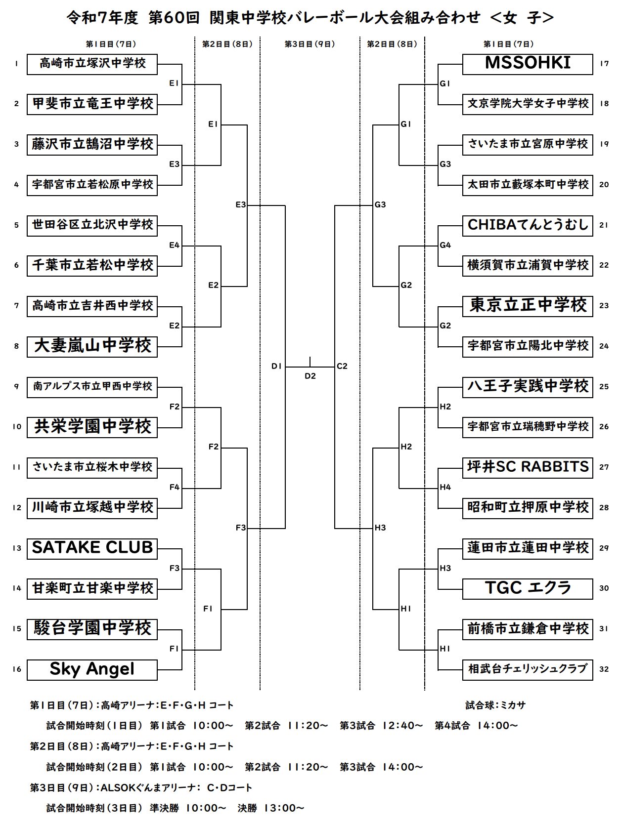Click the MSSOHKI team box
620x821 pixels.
[527, 64]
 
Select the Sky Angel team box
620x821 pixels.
[92, 669]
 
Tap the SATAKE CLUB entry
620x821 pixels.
[92, 548]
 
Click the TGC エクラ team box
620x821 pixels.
[527, 588]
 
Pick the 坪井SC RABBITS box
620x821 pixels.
[527, 467]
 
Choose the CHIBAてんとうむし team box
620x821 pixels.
[527, 225]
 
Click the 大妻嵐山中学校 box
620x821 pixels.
[92, 346]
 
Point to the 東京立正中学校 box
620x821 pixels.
[527, 306]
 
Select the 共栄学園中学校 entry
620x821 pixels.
[92, 427]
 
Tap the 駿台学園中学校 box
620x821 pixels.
[92, 629]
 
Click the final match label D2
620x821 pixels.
[310, 376]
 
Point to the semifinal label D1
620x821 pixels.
[276, 367]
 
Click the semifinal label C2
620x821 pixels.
[342, 367]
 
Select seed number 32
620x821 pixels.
[604, 669]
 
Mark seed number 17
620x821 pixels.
[604, 64]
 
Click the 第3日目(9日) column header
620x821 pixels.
[310, 44]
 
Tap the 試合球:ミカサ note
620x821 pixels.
[495, 705]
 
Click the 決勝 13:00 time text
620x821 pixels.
[270, 808]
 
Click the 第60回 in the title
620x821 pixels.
[174, 18]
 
